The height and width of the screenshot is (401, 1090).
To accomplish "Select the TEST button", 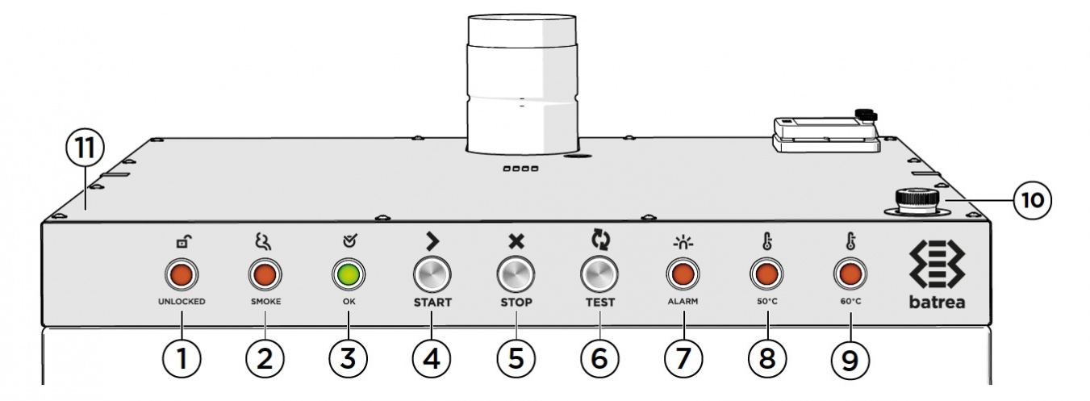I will [599, 277].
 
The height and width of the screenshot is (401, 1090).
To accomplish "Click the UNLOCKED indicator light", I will [182, 277].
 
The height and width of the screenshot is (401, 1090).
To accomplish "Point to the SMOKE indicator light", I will [264, 277].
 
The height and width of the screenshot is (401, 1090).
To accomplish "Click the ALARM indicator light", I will [683, 277].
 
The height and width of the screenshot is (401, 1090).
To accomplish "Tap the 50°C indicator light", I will [766, 277].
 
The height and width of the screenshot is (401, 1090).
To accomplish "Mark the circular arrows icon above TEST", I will [599, 239].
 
